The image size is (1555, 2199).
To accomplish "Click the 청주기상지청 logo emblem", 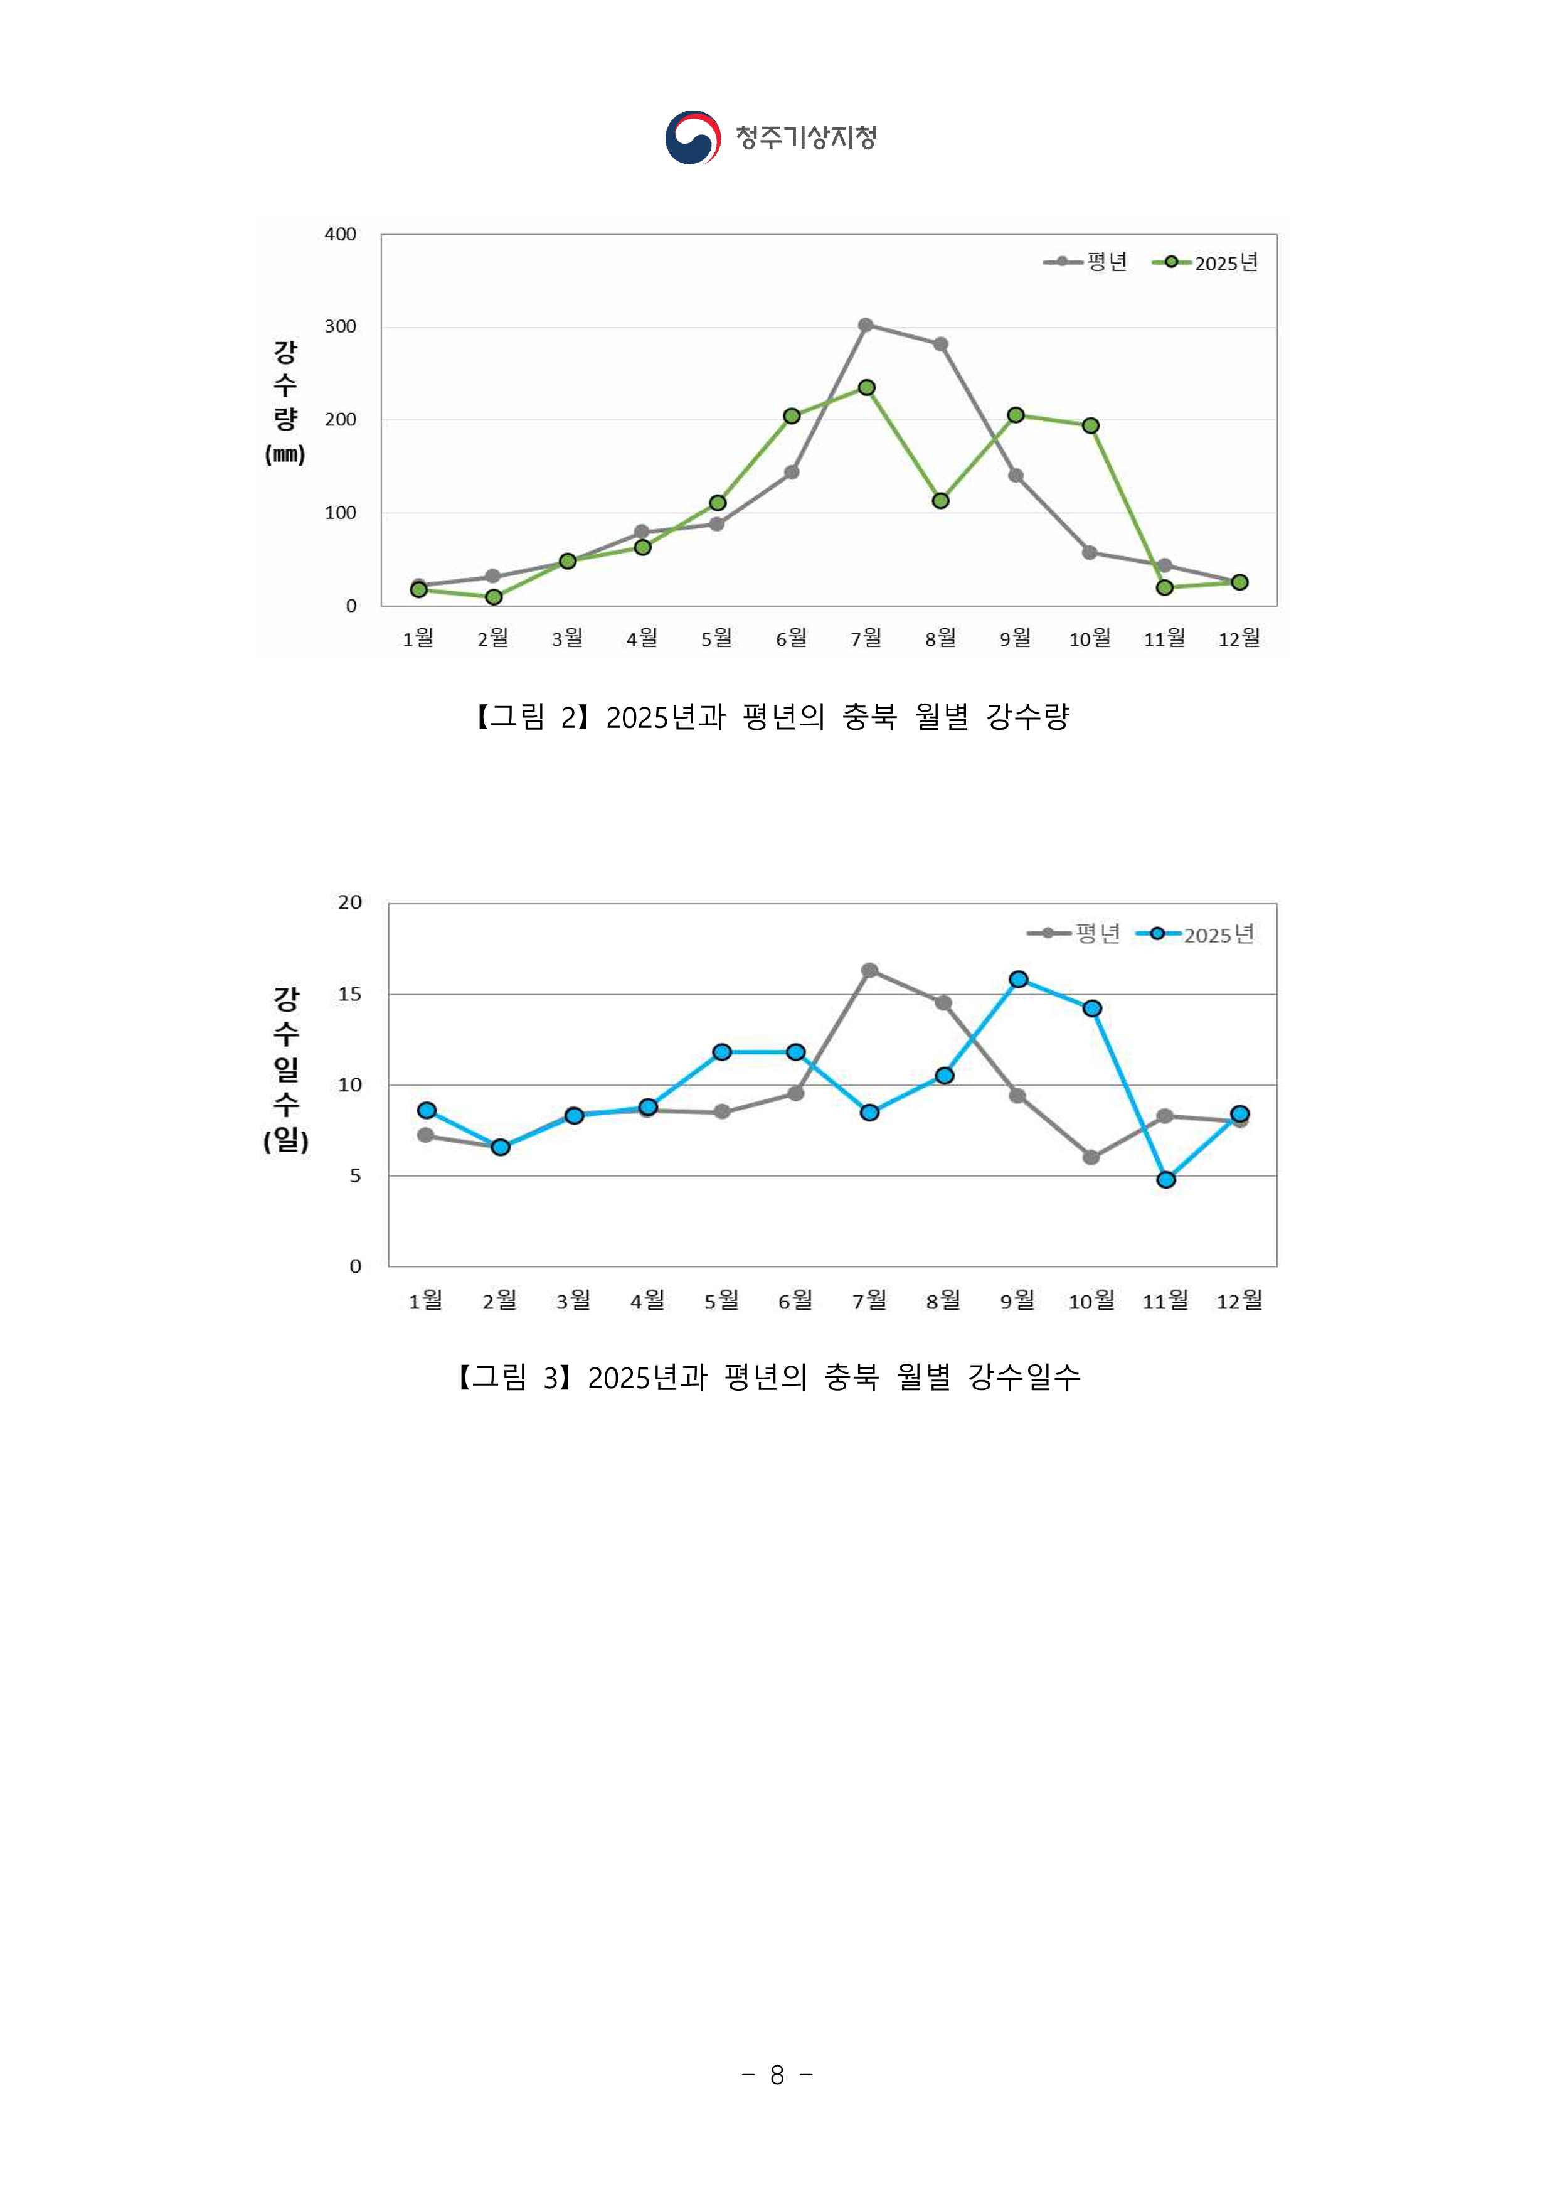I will (x=693, y=138).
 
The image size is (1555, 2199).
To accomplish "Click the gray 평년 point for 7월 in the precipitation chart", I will (x=866, y=324).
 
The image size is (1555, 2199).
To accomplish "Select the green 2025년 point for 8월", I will (x=940, y=501).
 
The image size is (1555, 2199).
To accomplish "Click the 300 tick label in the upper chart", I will (x=340, y=326).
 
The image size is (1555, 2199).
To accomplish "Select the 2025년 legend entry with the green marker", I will (x=1206, y=262).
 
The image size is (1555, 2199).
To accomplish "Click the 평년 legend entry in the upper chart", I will (x=1087, y=262).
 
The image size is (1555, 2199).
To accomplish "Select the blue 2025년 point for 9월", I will (x=1019, y=979).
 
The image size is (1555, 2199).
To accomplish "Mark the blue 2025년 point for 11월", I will (x=1166, y=1180).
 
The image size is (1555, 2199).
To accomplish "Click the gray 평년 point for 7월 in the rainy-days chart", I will (x=869, y=970).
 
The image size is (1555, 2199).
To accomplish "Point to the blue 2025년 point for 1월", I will (x=427, y=1110).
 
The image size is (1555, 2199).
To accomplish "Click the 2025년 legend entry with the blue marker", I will (x=1197, y=934).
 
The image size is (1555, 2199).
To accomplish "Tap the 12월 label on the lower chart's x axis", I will (x=1239, y=1300).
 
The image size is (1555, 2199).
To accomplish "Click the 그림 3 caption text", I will (x=769, y=1378).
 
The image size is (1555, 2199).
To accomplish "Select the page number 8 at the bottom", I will (x=777, y=2075).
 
